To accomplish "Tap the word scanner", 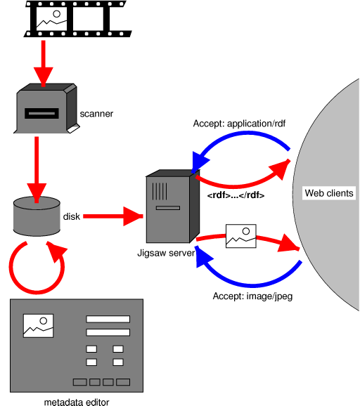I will (96, 113).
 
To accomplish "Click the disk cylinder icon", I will (37, 216).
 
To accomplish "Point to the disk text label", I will (72, 216).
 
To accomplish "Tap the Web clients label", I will (328, 193).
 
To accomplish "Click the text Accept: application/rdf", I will (239, 124).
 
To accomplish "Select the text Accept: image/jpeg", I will (252, 296).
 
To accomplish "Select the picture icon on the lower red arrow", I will (240, 237).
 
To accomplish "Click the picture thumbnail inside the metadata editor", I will (38, 325).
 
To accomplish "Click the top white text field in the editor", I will (108, 319).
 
